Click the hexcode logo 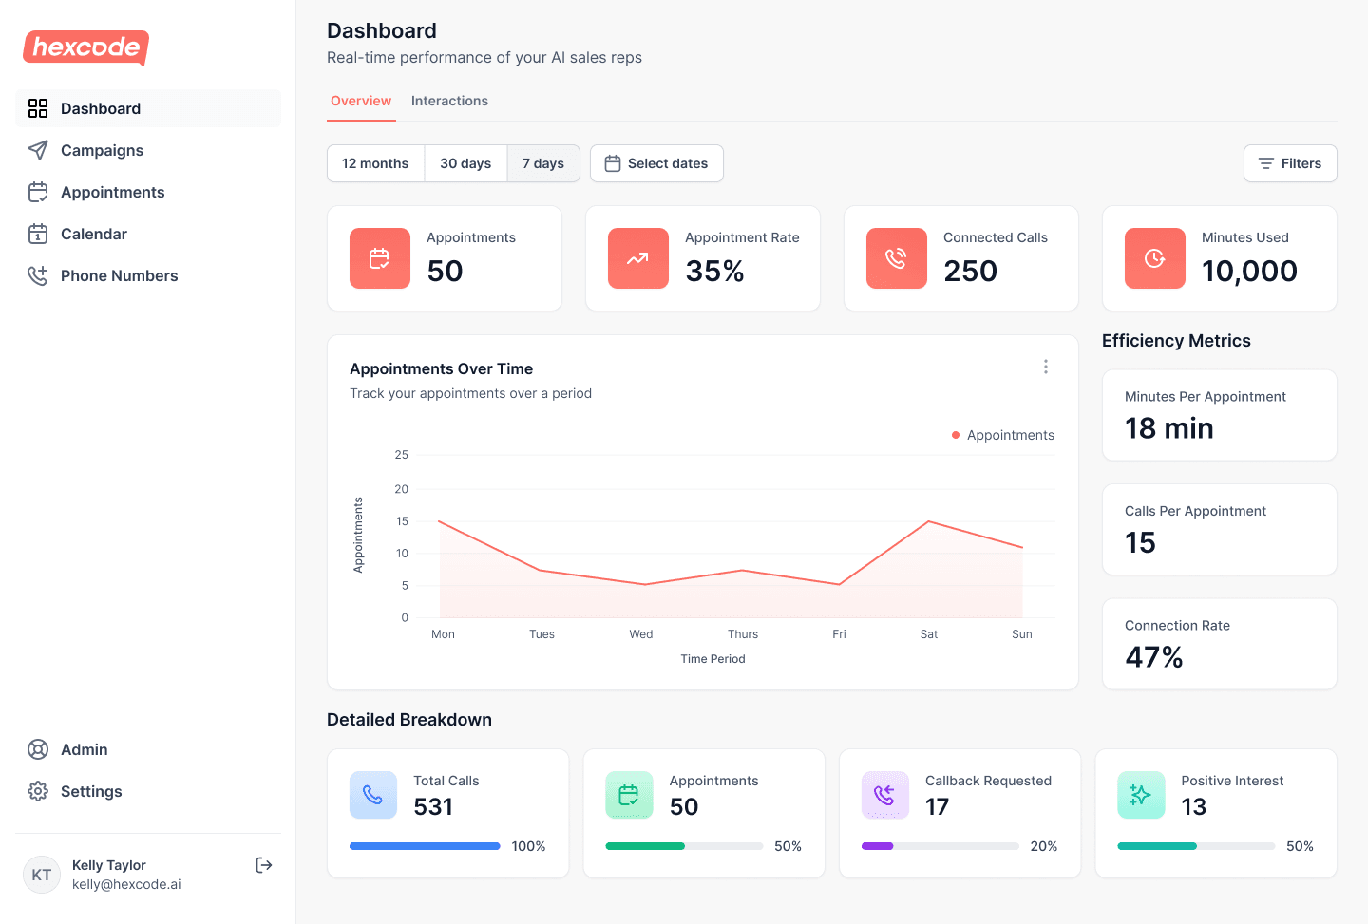[x=85, y=47]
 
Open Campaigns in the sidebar [x=102, y=150]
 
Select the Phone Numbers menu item [x=119, y=275]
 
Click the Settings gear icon [x=38, y=791]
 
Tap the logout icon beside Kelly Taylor [x=264, y=865]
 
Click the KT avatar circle [x=42, y=875]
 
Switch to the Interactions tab [x=449, y=101]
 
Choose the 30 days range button [x=465, y=163]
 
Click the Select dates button [x=656, y=163]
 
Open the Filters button [x=1289, y=163]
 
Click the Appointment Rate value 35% [x=714, y=272]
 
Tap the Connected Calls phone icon [x=896, y=258]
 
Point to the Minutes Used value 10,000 [x=1249, y=272]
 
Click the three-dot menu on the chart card [x=1046, y=367]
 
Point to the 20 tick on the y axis [x=402, y=489]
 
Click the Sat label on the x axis [x=929, y=634]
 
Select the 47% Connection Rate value [x=1153, y=657]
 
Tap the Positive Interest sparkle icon [x=1141, y=795]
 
